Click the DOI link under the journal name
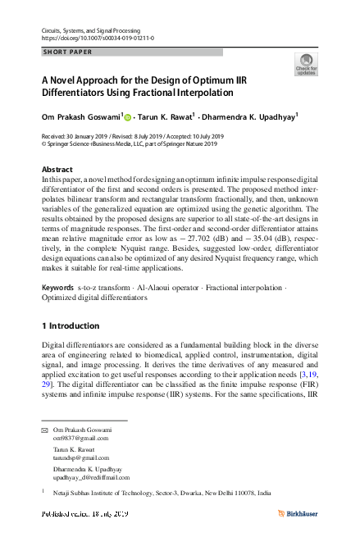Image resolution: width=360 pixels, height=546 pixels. [97, 38]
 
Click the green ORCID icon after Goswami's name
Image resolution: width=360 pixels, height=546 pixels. [129, 117]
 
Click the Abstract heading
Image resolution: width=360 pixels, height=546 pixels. [57, 169]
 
